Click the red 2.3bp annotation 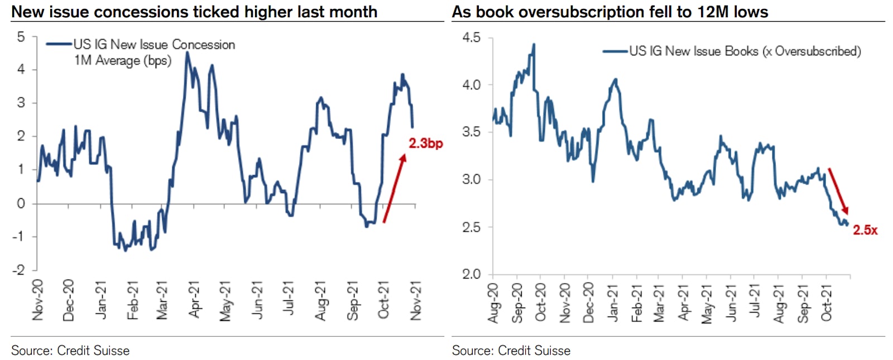425,143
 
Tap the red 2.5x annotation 865,230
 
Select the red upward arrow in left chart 394,189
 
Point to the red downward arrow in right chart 838,191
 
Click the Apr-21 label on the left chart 193,300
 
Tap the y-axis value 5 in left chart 21,37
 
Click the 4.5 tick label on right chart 471,37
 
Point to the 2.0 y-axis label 471,274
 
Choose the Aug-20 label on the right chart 493,303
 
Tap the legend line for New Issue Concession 59,44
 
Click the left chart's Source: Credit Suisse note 70,351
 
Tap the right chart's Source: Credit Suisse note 511,351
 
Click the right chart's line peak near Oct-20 534,45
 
